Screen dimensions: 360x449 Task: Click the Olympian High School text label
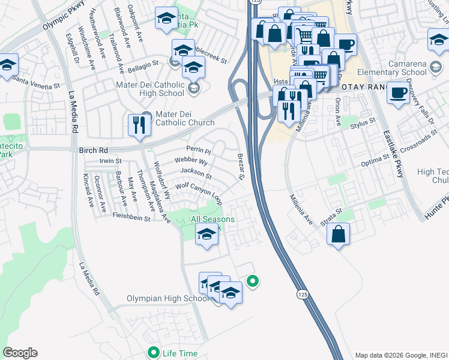(167, 298)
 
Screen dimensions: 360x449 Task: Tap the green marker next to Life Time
(154, 353)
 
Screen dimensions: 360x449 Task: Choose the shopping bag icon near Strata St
(339, 233)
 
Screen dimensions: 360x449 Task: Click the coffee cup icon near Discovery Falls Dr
(397, 93)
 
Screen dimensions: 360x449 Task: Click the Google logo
(20, 352)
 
